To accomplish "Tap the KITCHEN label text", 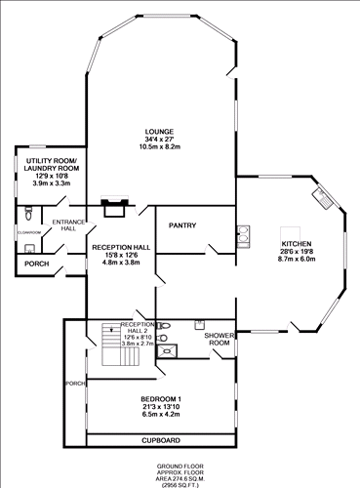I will click(x=297, y=243).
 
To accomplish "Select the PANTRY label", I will click(x=182, y=225).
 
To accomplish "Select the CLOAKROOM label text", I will click(x=28, y=232).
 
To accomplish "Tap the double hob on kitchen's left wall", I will click(x=241, y=235).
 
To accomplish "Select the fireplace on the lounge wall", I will click(x=114, y=207).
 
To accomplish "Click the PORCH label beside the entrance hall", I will click(x=37, y=264).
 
